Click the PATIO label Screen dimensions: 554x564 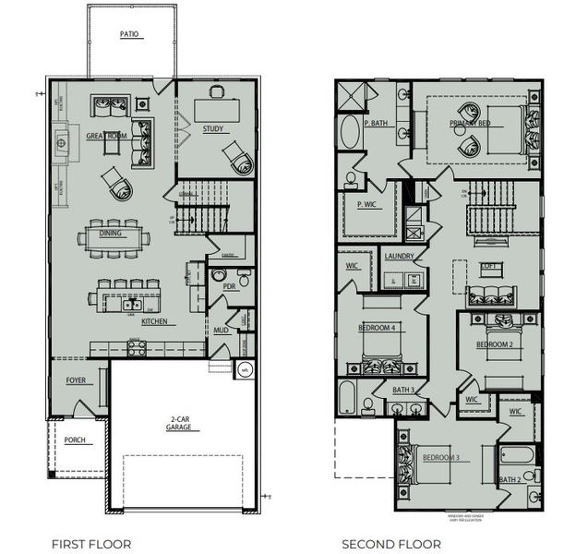point(128,34)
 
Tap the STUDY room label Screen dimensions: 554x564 point(213,129)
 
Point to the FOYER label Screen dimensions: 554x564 point(75,380)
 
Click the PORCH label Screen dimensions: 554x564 point(75,440)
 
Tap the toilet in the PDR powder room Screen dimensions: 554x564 point(244,277)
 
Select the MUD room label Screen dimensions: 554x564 point(222,330)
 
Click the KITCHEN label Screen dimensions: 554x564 point(153,321)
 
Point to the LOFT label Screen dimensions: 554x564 point(487,267)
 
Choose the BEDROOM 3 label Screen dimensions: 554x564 point(441,458)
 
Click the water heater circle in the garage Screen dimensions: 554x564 point(245,370)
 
